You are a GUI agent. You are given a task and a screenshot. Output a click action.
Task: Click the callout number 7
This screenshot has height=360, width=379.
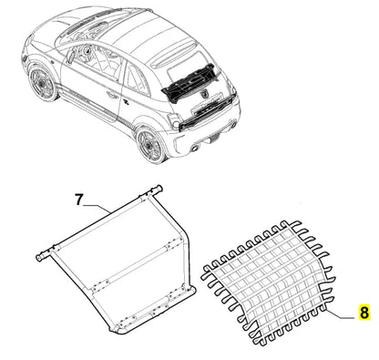click(78, 201)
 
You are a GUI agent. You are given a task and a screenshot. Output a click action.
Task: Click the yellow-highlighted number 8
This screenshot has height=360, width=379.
click(364, 312)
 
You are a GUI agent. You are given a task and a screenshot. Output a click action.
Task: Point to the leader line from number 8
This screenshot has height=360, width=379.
click(339, 313)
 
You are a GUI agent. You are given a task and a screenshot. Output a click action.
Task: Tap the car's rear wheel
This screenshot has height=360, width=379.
click(150, 145)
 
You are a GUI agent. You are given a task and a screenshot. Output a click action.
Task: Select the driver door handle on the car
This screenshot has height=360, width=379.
click(112, 95)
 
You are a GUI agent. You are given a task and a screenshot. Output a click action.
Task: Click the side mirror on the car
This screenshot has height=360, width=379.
click(70, 57)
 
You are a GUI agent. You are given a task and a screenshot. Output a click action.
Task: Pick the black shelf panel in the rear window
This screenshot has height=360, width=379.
click(189, 82)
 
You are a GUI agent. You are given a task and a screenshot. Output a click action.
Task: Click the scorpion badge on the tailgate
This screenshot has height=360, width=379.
click(203, 95)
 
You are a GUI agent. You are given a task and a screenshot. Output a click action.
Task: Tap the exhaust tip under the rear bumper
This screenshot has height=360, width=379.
click(194, 149)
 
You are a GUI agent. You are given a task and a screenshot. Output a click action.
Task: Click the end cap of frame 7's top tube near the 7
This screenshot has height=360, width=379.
click(39, 258)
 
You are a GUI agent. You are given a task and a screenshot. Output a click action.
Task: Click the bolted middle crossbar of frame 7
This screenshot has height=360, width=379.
click(130, 264)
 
